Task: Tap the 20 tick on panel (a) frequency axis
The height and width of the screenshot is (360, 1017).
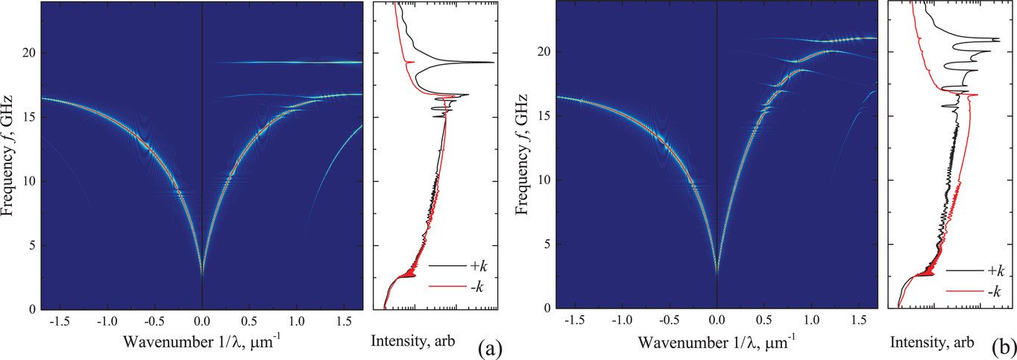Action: (x=28, y=53)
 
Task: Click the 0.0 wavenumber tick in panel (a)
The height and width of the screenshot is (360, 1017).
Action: (x=202, y=321)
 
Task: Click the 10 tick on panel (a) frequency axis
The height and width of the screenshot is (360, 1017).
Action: (x=28, y=181)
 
